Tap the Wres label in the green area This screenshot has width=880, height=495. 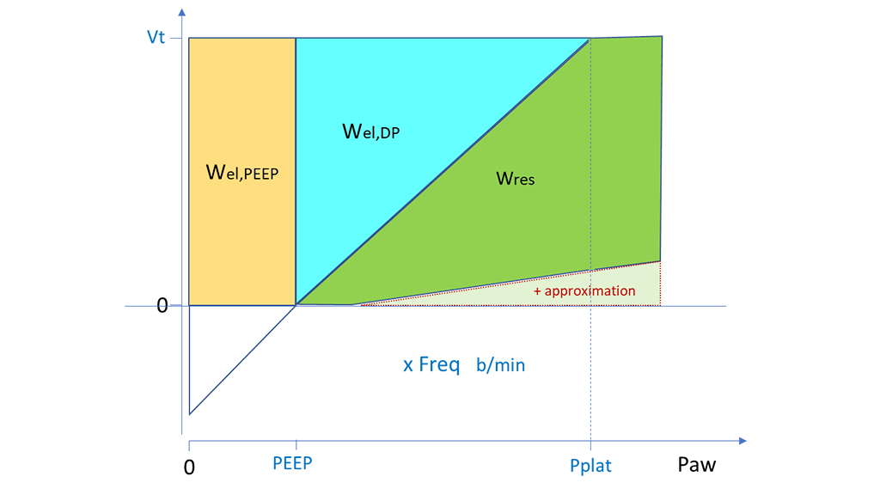516,178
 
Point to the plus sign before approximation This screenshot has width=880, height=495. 538,291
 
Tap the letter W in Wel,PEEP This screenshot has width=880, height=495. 217,170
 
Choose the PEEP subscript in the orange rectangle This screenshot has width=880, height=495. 261,173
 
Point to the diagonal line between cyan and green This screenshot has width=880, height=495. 443,172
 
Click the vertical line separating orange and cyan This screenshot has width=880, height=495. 296,172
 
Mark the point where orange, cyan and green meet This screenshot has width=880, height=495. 296,304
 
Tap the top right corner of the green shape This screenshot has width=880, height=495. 661,37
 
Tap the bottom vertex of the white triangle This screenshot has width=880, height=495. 191,413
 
